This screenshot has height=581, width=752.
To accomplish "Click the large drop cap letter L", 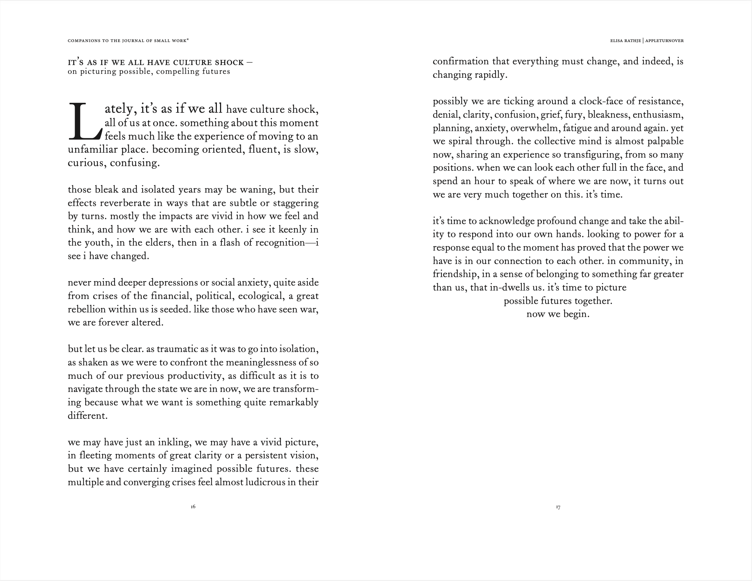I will click(x=84, y=121).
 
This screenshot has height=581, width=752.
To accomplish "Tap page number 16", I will click(x=193, y=507).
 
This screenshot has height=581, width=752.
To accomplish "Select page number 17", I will click(x=558, y=507).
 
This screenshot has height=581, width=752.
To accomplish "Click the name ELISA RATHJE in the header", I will click(x=625, y=41).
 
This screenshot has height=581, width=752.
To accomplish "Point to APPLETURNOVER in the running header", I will click(x=664, y=41).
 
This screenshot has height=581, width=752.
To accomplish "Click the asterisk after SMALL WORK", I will click(x=187, y=40).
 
